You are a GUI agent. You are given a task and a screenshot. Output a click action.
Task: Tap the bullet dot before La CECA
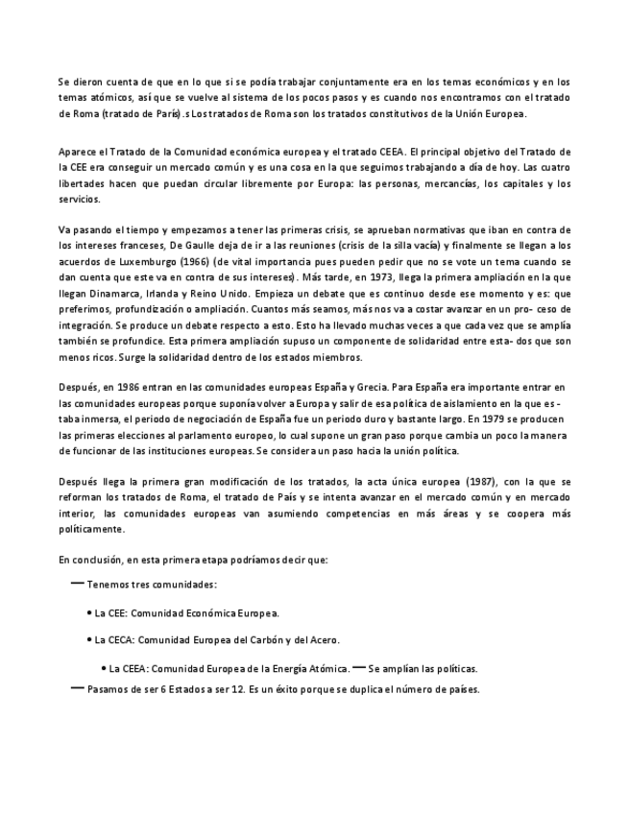tap(89, 639)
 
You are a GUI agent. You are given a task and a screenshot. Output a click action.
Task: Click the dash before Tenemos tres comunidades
tap(77, 583)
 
